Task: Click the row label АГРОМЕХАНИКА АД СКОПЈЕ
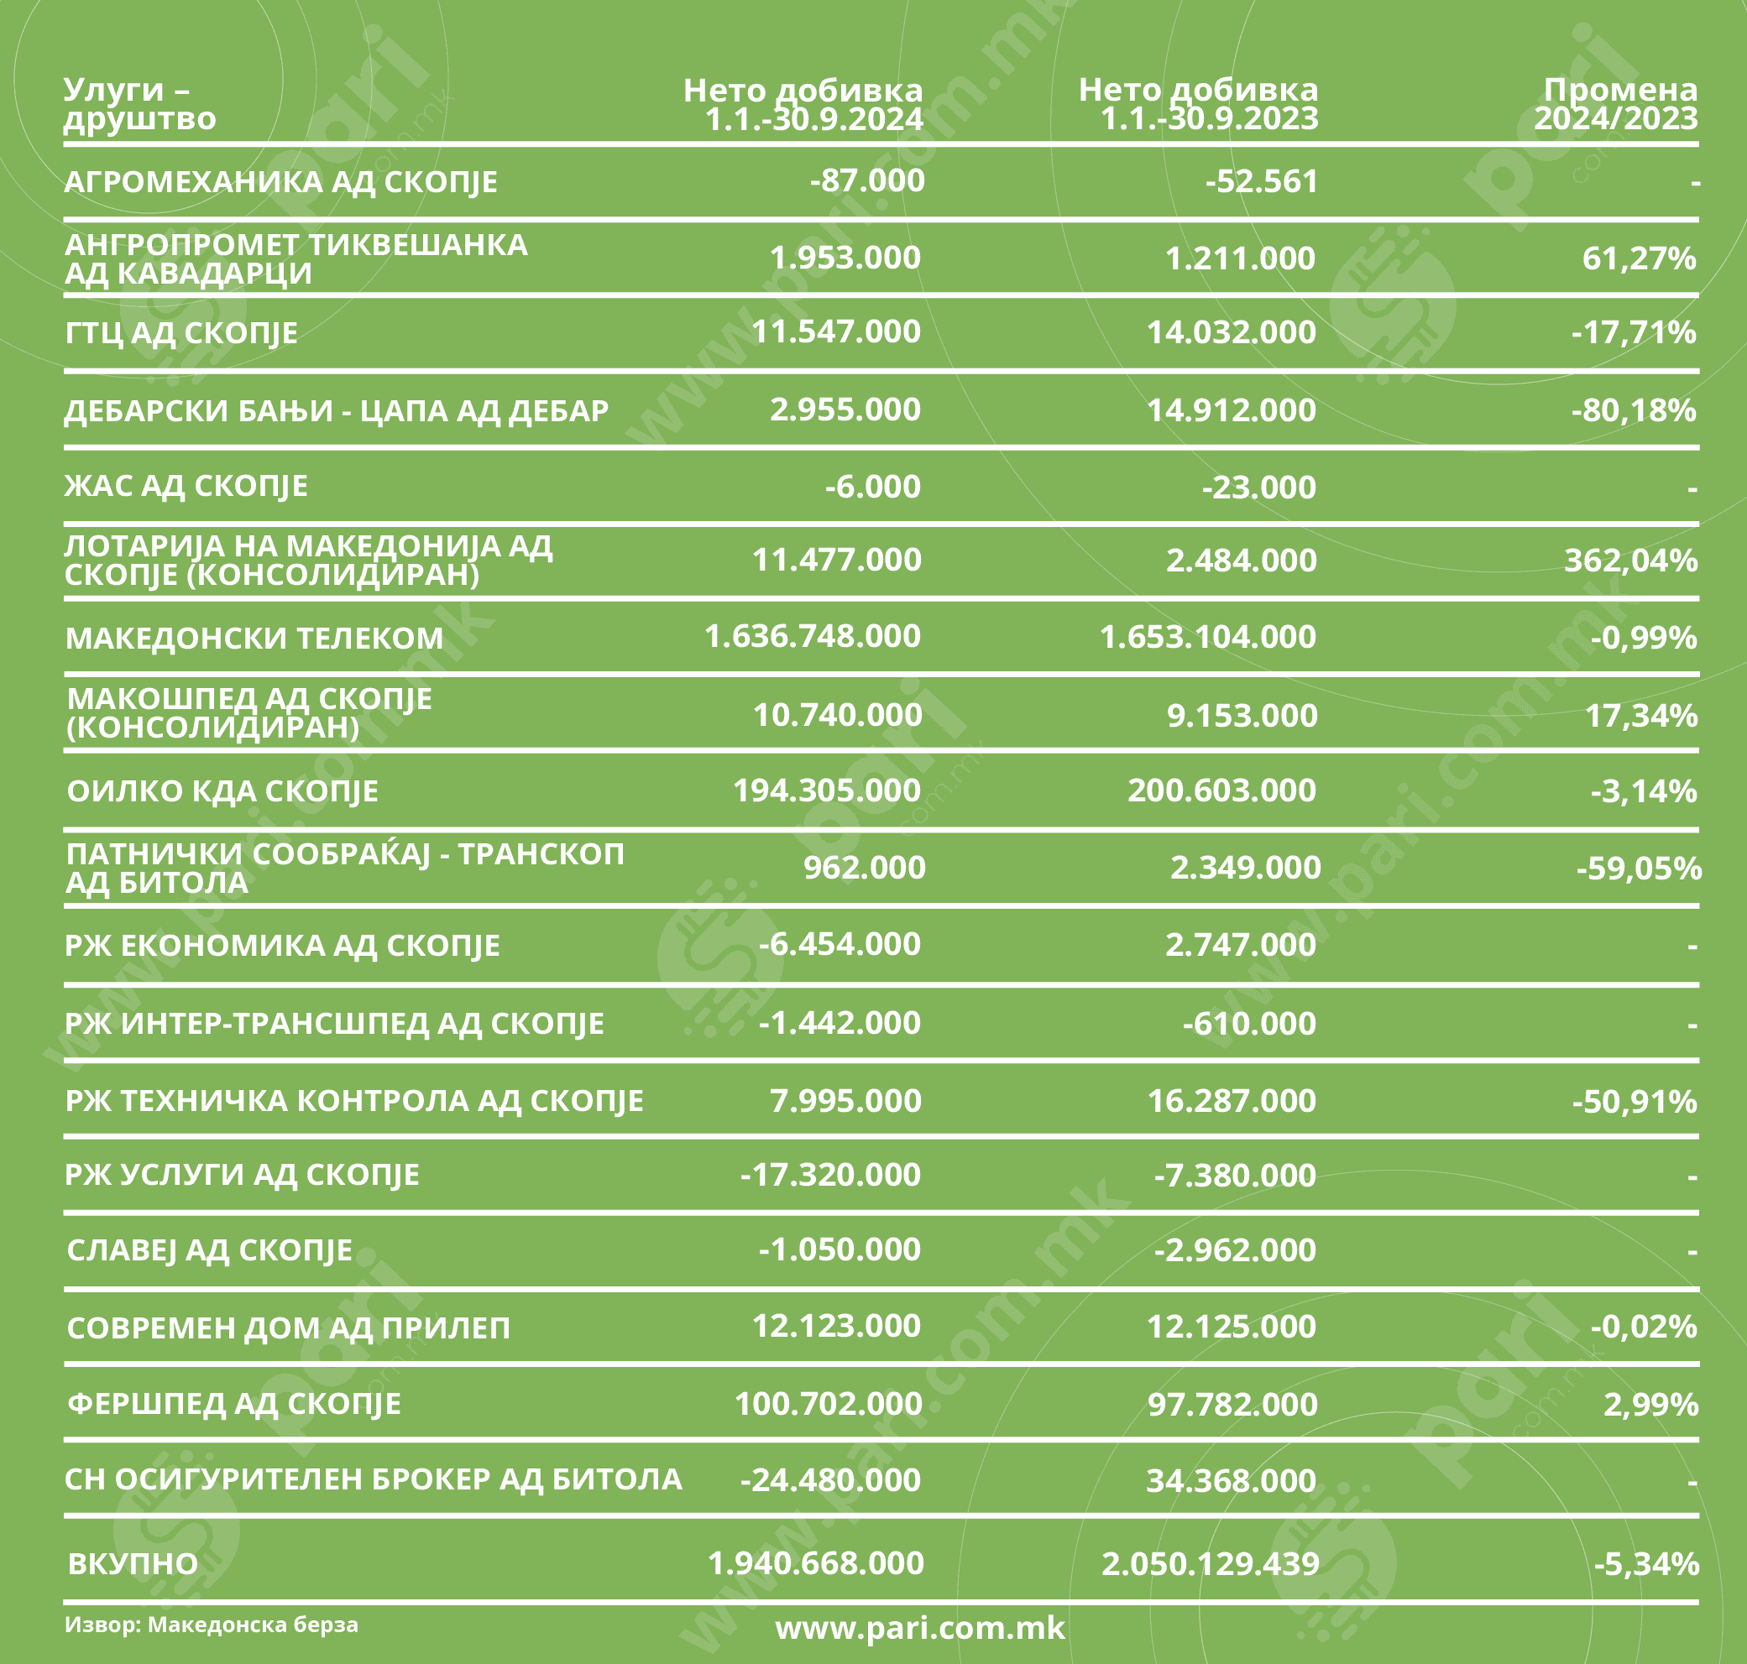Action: click(280, 182)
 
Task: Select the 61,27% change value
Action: click(1638, 258)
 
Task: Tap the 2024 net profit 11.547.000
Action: click(836, 331)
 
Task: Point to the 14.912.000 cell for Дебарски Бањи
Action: click(1231, 409)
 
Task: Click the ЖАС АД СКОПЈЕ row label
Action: click(186, 486)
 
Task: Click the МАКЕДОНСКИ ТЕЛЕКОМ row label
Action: click(254, 638)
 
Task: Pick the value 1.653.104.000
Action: click(1207, 637)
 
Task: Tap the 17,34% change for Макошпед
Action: click(1640, 715)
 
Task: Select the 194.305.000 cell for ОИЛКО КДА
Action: click(826, 790)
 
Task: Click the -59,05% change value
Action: click(1638, 868)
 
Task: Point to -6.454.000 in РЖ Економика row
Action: click(840, 944)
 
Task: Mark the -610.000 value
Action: click(1248, 1024)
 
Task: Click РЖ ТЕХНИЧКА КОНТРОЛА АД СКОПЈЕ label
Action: click(354, 1101)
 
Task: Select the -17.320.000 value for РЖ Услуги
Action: click(830, 1176)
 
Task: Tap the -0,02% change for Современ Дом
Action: click(1643, 1326)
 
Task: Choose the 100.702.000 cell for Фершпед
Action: click(828, 1403)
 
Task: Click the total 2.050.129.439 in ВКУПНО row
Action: click(1211, 1562)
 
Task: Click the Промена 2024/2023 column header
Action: click(1616, 104)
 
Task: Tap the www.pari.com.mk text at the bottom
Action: click(920, 1628)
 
